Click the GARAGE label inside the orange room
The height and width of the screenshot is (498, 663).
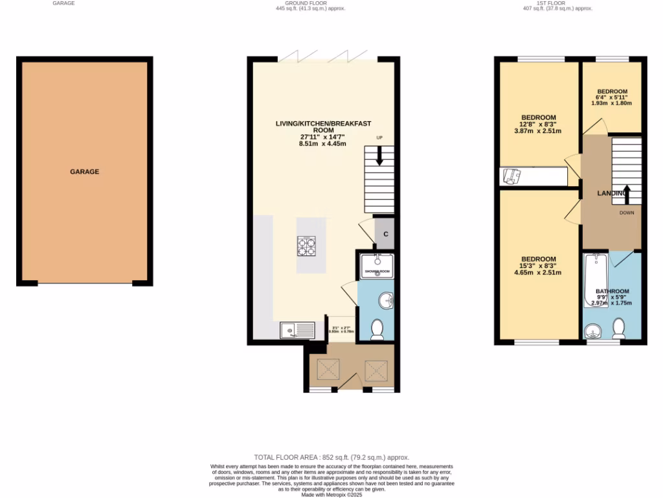coord(85,172)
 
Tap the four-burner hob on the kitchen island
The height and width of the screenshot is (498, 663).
coord(306,246)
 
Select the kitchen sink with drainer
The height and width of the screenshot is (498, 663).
coord(297,331)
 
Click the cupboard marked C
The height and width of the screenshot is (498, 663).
coord(385,234)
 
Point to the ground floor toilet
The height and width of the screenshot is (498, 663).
coord(377,331)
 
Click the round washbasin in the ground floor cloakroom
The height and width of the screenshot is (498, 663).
coord(386,300)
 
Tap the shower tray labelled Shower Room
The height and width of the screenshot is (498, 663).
coord(377,266)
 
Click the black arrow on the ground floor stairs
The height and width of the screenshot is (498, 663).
coord(379,155)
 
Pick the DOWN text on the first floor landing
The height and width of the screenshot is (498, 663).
coord(626,213)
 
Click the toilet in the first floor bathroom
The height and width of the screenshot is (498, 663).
coord(618,329)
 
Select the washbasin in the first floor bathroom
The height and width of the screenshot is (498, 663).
coord(593,332)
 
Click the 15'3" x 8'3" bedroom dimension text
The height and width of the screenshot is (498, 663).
coord(538,266)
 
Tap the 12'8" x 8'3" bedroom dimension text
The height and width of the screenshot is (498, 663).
coord(538,124)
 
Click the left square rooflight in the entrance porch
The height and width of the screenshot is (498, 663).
coord(327,370)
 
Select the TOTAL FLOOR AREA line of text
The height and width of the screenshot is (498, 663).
coord(331,457)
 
